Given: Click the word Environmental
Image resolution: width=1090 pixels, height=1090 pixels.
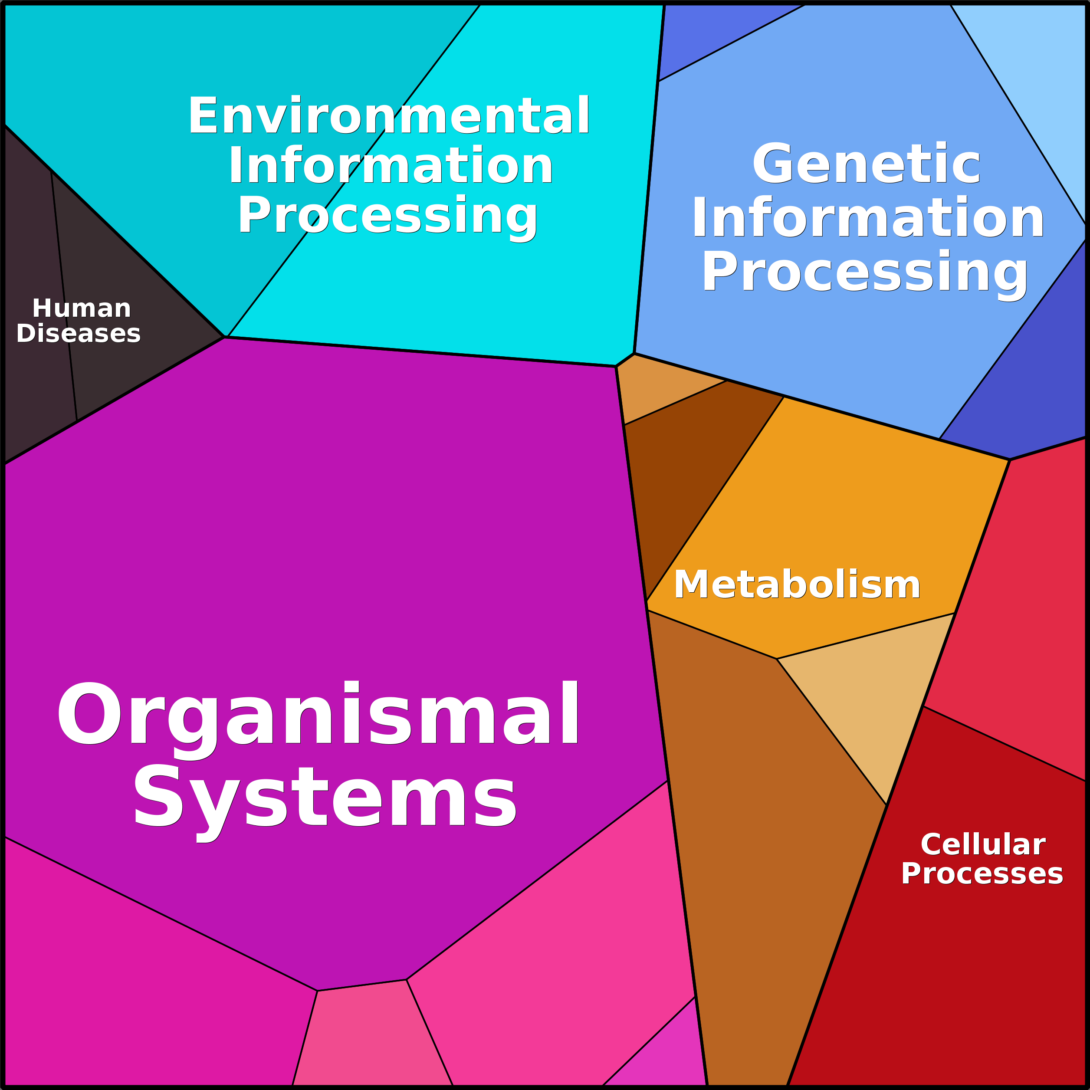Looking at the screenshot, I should [x=389, y=116].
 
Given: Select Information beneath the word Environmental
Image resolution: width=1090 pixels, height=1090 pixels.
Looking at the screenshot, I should [x=390, y=166].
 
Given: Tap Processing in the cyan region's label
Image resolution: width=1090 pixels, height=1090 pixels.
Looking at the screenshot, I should [x=387, y=216].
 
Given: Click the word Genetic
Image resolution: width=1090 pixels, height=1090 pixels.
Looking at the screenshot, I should [x=866, y=164].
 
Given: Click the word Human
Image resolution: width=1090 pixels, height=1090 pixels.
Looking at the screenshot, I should [x=82, y=309].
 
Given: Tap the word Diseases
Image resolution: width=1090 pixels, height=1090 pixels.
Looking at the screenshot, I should [x=79, y=333].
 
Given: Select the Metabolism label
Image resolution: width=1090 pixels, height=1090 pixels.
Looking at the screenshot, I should [x=797, y=584].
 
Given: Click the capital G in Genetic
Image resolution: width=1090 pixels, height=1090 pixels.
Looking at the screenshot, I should [x=774, y=164].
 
